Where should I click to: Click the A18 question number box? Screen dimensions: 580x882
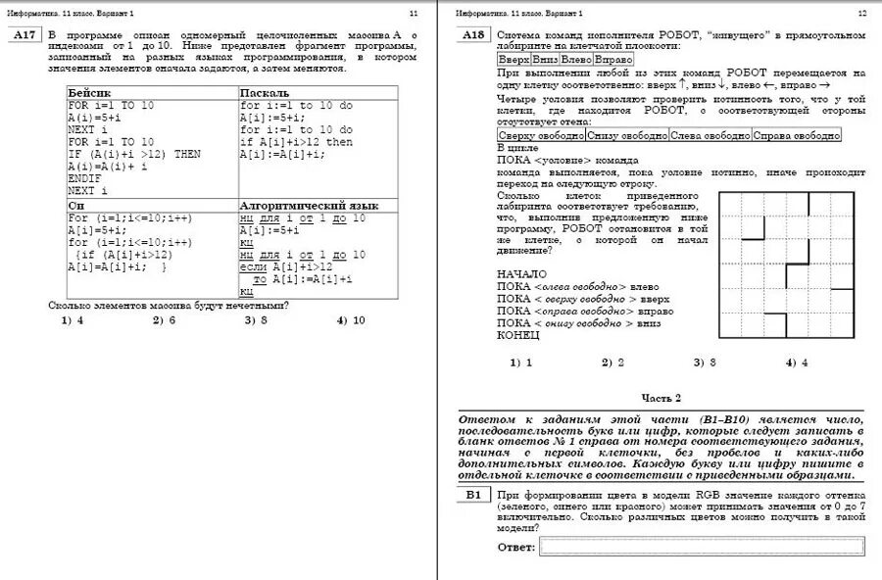473,36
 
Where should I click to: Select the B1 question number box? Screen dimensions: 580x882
473,496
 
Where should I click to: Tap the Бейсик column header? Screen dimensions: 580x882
89,93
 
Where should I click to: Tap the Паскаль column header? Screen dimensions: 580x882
265,93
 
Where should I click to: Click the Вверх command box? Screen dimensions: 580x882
514,60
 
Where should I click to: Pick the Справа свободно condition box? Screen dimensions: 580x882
796,136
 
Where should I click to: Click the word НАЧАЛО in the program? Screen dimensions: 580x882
522,274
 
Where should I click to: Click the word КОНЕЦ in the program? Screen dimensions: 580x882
518,335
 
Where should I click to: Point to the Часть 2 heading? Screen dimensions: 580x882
661,398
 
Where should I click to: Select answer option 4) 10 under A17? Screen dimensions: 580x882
350,319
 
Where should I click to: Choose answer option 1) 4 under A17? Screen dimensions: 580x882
72,319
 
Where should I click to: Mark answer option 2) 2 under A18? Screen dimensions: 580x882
612,362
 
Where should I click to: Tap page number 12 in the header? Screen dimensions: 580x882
861,13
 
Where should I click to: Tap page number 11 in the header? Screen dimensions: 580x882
413,13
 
